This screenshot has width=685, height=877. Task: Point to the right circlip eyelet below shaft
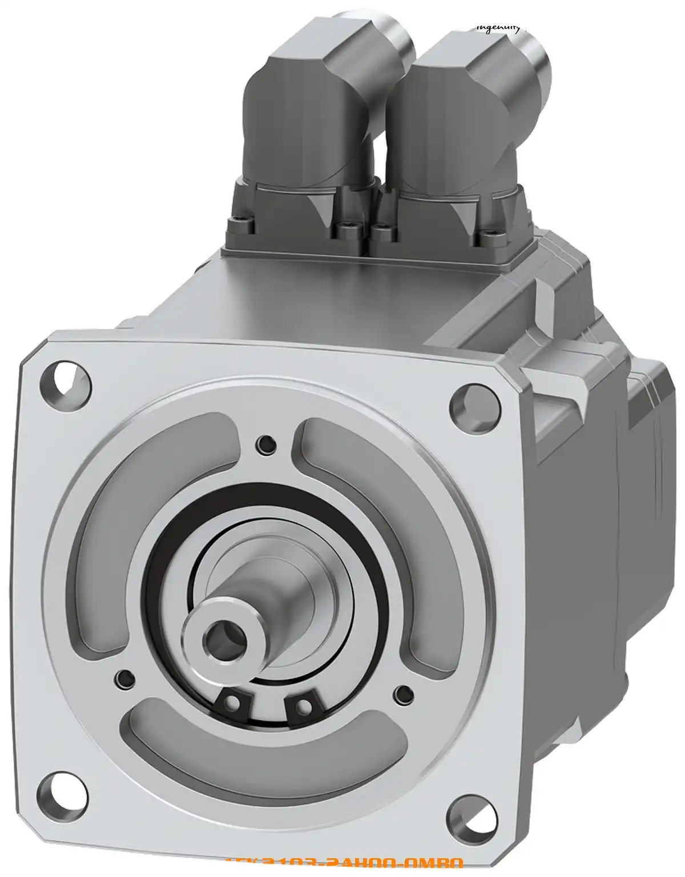pyautogui.click(x=303, y=707)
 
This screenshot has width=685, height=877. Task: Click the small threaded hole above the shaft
pyautogui.click(x=266, y=442)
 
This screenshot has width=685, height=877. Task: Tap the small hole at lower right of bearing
pyautogui.click(x=404, y=694)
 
